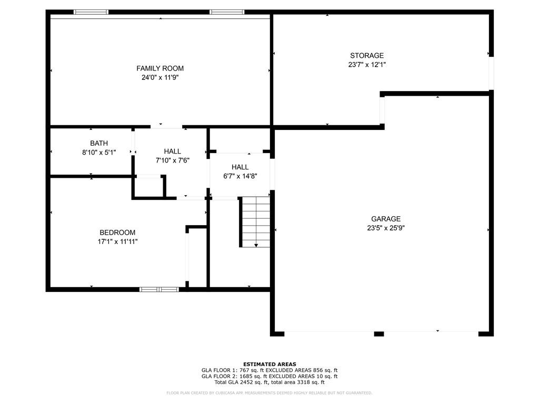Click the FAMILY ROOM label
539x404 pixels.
[160, 68]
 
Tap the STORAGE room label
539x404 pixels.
[367, 55]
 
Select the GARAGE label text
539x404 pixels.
[386, 219]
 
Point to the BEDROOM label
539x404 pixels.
[117, 233]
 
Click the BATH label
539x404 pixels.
[99, 143]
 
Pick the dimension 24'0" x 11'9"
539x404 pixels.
[160, 77]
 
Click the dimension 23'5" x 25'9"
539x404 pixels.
[386, 228]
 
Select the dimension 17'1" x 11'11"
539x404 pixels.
[117, 241]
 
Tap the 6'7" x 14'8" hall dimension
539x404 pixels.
[240, 176]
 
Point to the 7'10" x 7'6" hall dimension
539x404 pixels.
[173, 160]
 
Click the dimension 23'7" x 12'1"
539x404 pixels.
[367, 64]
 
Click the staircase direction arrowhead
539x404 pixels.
[256, 245]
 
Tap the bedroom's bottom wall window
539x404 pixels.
[159, 290]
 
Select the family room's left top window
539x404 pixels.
[91, 12]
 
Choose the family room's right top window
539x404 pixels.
[227, 12]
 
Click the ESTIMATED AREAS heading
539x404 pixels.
[269, 364]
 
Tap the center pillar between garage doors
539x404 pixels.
[379, 334]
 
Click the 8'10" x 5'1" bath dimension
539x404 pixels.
[99, 152]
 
